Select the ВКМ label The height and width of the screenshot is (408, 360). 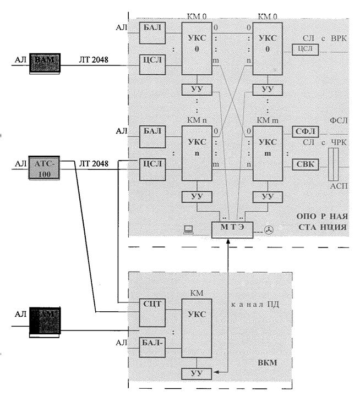[268, 363]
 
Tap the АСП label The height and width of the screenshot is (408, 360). [336, 186]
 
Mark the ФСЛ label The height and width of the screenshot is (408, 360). [336, 120]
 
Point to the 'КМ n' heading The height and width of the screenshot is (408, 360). [196, 118]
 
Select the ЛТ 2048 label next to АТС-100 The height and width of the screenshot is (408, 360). [94, 163]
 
